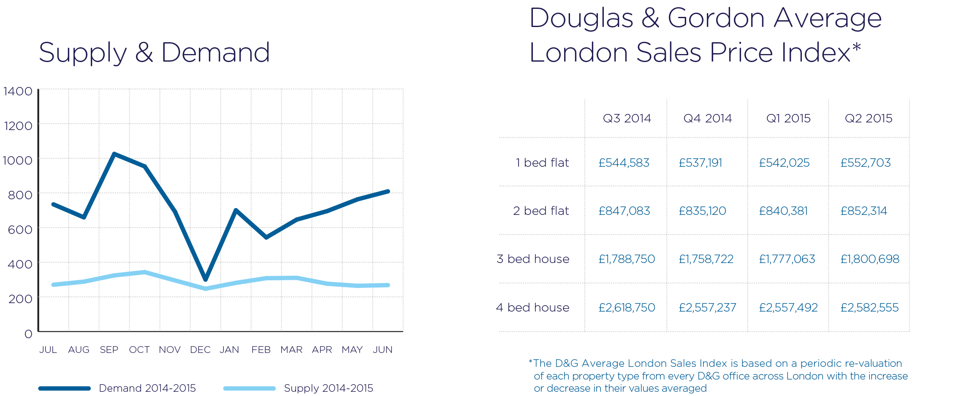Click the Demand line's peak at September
[x=114, y=154]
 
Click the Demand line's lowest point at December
[x=206, y=279]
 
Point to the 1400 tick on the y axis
[x=18, y=91]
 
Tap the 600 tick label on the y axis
[x=20, y=230]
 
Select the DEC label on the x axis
[x=200, y=350]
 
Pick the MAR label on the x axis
[x=291, y=350]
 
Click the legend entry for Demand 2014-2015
[x=147, y=388]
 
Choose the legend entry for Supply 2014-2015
[x=328, y=388]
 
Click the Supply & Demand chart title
[x=154, y=53]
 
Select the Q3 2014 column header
[x=627, y=118]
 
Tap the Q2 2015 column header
[x=868, y=118]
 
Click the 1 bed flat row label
[x=542, y=163]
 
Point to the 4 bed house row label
[x=532, y=307]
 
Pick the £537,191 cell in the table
[x=700, y=163]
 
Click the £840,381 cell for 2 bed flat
[x=783, y=211]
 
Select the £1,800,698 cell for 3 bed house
[x=869, y=259]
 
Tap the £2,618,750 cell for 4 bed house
[x=627, y=307]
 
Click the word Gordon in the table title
[x=716, y=19]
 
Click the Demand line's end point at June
[x=388, y=192]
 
